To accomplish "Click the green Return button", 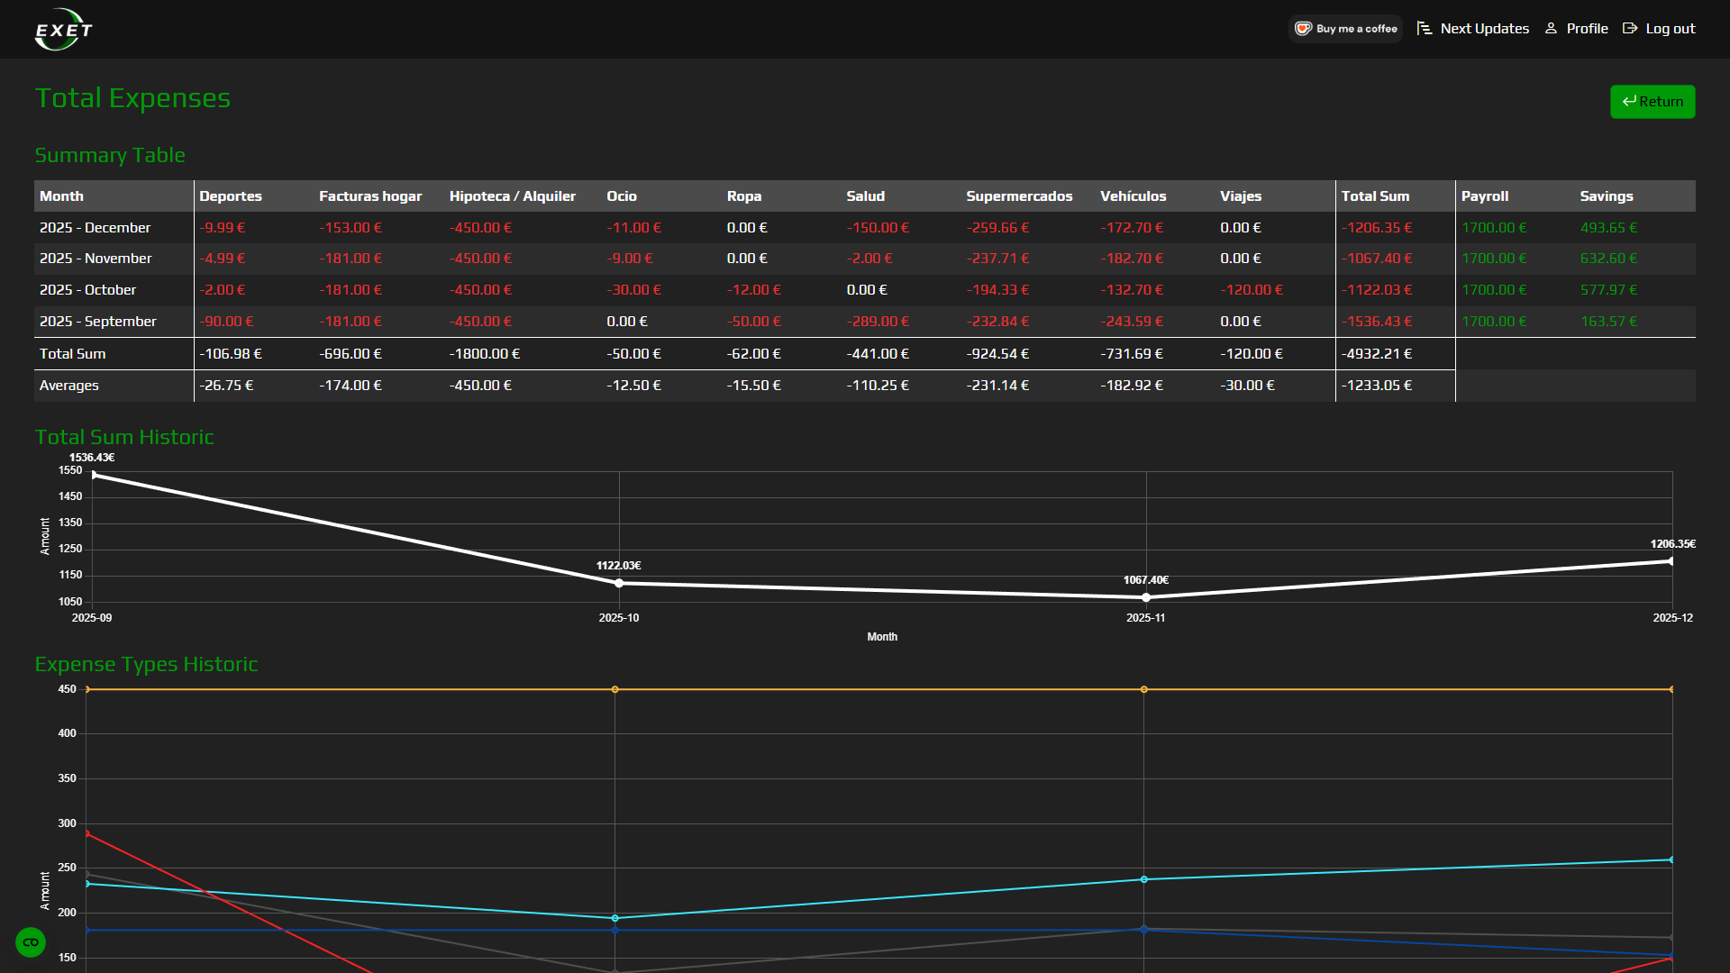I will pos(1652,102).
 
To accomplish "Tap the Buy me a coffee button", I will pos(1345,29).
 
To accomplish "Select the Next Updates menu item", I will pos(1473,29).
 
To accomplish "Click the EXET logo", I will pos(63,30).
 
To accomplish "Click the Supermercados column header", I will pos(1019,196).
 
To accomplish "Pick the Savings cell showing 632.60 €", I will pos(1608,259).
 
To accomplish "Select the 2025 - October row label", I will pos(87,290).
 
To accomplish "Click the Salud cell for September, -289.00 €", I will pos(877,322).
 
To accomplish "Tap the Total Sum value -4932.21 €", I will pos(1376,354).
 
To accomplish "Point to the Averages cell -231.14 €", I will pos(997,386).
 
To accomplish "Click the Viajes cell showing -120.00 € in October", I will pos(1251,290).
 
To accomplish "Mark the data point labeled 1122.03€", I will pos(619,584).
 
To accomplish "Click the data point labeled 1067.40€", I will pos(1146,597).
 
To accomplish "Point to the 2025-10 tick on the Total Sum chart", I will pos(619,618).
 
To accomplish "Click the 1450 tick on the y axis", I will pos(70,496).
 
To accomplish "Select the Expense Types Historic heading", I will pos(146,664).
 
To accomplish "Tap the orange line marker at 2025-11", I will pos(1144,690).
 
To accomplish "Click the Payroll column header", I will pos(1484,196).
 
